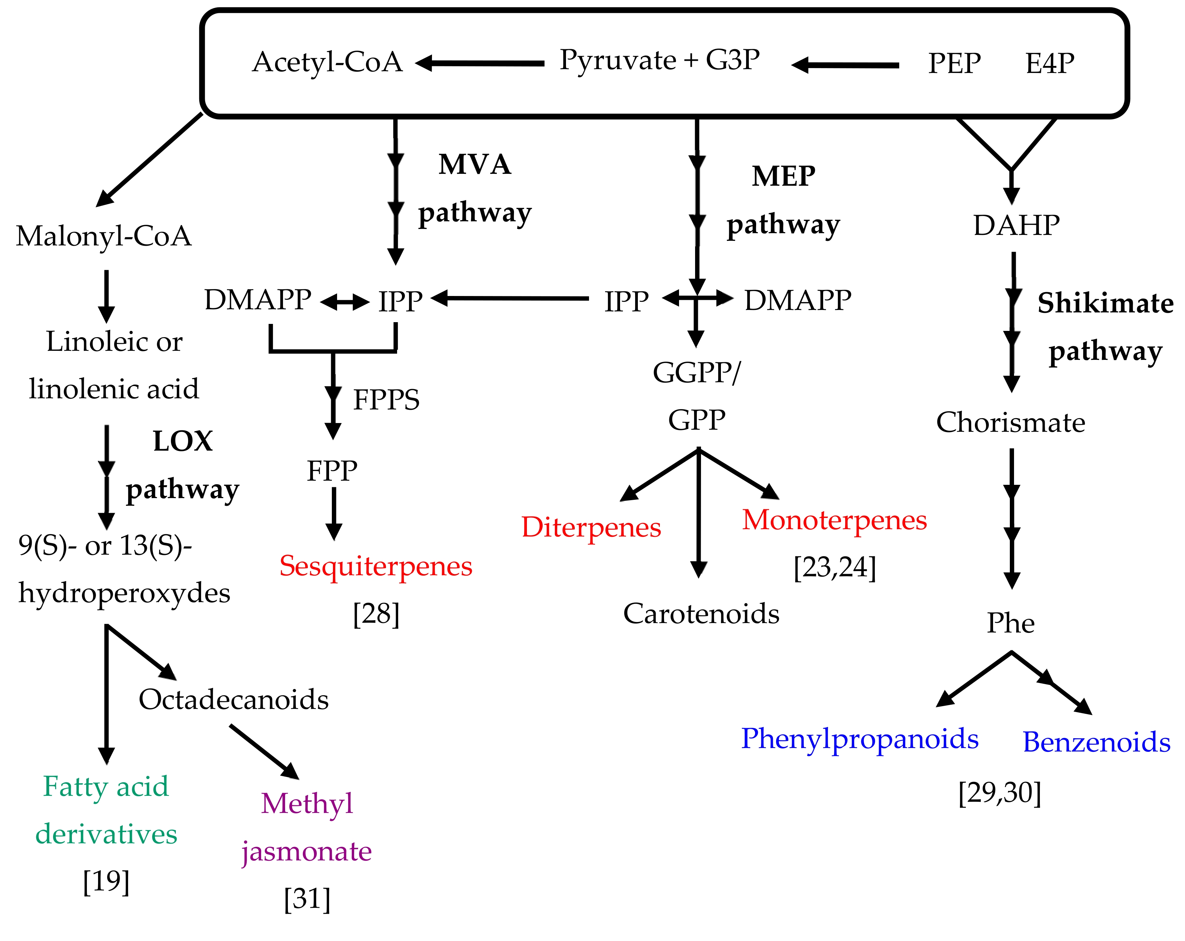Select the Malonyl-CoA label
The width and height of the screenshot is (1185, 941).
[x=104, y=236]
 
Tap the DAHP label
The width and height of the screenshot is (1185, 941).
[x=1016, y=225]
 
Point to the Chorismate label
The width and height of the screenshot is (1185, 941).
[x=1011, y=423]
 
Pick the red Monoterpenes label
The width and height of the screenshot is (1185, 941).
[x=834, y=520]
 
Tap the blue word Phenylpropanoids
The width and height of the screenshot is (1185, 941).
[x=860, y=739]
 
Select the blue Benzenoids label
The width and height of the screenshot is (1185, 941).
[x=1096, y=742]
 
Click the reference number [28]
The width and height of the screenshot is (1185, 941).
[x=376, y=614]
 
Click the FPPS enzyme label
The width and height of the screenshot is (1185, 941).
[x=386, y=400]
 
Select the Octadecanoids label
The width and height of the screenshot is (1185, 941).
[x=233, y=700]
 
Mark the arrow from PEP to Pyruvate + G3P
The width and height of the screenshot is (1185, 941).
[x=845, y=65]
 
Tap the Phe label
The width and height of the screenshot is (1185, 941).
[x=1011, y=623]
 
